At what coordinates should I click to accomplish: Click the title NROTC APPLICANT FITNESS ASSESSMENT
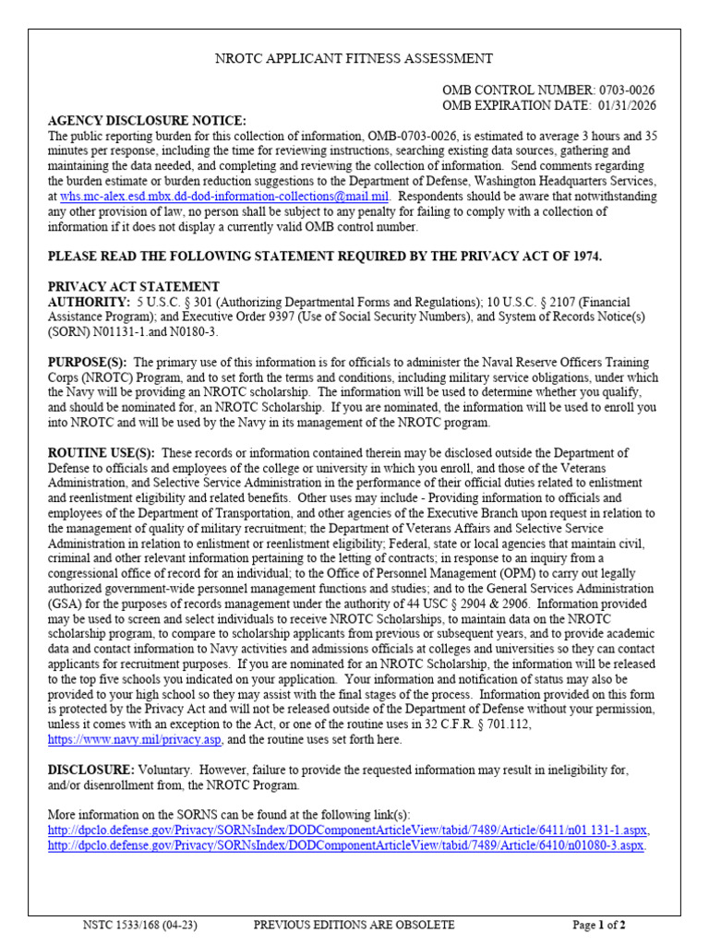pyautogui.click(x=354, y=59)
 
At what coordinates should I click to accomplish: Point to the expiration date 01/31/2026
pyautogui.click(x=623, y=105)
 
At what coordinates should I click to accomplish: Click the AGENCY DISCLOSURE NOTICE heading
pyautogui.click(x=147, y=121)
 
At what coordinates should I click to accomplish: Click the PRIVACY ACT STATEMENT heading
pyautogui.click(x=134, y=286)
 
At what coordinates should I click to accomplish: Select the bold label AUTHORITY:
pyautogui.click(x=89, y=302)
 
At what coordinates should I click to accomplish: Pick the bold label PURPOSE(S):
pyautogui.click(x=88, y=363)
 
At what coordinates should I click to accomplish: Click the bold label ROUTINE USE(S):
pyautogui.click(x=102, y=453)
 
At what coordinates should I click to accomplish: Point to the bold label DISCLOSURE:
pyautogui.click(x=91, y=770)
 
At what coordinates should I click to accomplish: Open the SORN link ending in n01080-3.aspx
pyautogui.click(x=346, y=845)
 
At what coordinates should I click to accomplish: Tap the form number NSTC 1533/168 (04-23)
pyautogui.click(x=140, y=925)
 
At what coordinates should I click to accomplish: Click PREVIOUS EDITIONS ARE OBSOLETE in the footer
pyautogui.click(x=354, y=925)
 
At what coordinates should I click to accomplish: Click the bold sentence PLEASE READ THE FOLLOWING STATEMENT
pyautogui.click(x=324, y=257)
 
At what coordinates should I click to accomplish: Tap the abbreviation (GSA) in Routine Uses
pyautogui.click(x=64, y=604)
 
